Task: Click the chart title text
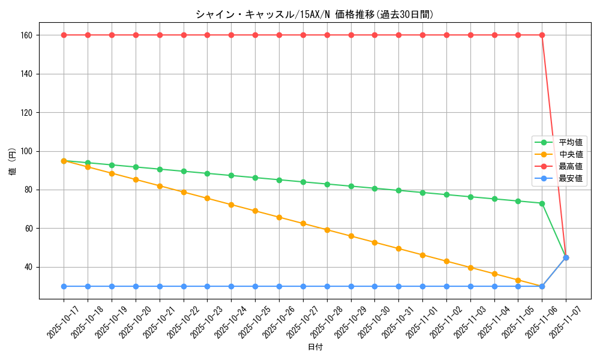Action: [314, 14]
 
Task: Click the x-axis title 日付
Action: [315, 347]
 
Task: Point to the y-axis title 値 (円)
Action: [13, 162]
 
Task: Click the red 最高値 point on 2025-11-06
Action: [542, 35]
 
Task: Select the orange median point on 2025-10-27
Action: [303, 223]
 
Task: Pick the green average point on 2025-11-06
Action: [542, 203]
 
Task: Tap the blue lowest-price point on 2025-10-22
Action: [184, 286]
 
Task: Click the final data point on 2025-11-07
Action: [566, 257]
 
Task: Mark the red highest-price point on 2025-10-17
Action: [64, 35]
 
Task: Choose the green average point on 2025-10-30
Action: [374, 188]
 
